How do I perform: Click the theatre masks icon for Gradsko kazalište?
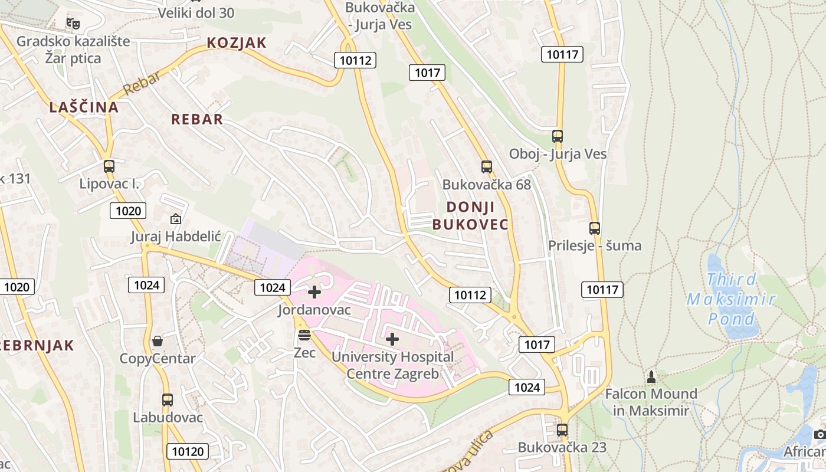tap(73, 23)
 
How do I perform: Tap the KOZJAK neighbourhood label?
tap(237, 43)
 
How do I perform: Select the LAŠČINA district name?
tap(84, 107)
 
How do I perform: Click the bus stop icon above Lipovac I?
tap(109, 166)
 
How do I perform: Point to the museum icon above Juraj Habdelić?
tap(175, 219)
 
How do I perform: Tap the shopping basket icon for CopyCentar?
tap(158, 341)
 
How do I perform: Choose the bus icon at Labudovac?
tap(168, 399)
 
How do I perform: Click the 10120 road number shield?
tap(188, 452)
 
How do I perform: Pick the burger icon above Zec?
tap(304, 335)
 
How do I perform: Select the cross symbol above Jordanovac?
tap(314, 291)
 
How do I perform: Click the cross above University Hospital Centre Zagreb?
tap(392, 339)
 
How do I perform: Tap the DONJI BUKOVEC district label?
tap(470, 215)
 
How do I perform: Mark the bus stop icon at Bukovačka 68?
tap(486, 167)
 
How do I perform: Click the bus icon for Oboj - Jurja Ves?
tap(558, 136)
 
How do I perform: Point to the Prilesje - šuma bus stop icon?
tap(595, 228)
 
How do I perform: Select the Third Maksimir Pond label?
tap(731, 299)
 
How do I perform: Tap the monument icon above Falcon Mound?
tap(651, 376)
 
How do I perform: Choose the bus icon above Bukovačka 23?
tap(562, 430)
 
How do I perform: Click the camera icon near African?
tap(820, 435)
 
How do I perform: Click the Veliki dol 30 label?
tap(196, 12)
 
